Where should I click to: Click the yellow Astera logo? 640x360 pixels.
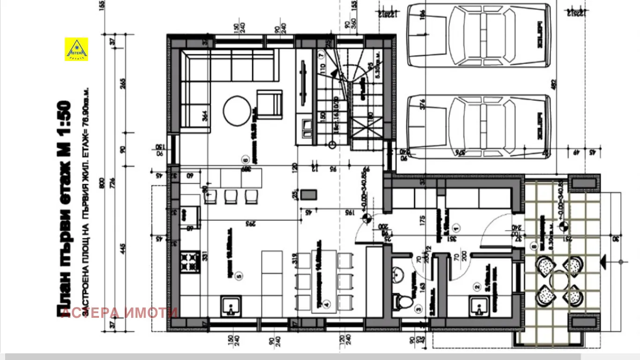click(76, 49)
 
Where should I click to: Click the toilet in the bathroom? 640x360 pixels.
click(401, 300)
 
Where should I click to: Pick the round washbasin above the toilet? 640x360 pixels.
click(398, 273)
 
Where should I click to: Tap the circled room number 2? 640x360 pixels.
click(477, 287)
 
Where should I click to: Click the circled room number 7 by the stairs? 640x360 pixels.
click(321, 54)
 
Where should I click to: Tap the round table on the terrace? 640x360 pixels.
click(559, 281)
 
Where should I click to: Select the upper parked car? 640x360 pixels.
click(478, 35)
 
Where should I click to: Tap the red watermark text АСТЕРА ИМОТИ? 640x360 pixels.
click(119, 313)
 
